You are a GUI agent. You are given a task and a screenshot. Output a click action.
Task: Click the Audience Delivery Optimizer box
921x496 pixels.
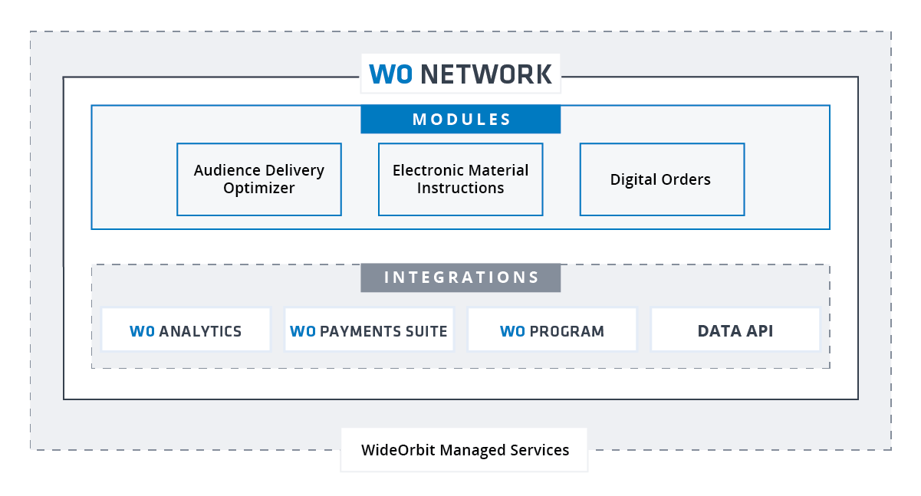[259, 179]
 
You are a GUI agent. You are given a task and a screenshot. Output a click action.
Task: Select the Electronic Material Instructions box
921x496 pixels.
[460, 179]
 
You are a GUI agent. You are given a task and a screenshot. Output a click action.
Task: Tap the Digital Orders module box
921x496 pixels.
[662, 179]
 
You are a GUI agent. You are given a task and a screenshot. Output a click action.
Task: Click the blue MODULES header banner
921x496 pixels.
[461, 120]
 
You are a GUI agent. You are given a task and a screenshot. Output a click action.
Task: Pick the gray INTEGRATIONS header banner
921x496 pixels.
[461, 278]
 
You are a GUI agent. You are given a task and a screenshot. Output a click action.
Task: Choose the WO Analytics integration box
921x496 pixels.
[186, 331]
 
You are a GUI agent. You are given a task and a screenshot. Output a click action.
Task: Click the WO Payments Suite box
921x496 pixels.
[369, 331]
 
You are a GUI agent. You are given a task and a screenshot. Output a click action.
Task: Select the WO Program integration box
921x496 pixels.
[552, 331]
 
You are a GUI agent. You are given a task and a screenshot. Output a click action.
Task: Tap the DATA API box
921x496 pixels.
[735, 331]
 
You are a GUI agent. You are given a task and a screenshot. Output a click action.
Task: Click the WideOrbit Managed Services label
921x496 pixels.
[465, 450]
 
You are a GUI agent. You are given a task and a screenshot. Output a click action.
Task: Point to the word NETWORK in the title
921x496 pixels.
[486, 74]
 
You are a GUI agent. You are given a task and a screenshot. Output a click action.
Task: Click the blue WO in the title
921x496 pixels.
[391, 74]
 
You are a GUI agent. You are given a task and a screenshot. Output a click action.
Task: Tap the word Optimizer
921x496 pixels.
[259, 188]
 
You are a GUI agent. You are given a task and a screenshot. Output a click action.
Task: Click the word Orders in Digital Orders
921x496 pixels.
[685, 179]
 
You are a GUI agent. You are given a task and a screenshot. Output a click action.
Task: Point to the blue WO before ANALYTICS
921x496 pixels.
[143, 332]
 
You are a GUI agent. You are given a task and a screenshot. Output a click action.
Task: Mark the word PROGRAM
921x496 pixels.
[567, 332]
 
